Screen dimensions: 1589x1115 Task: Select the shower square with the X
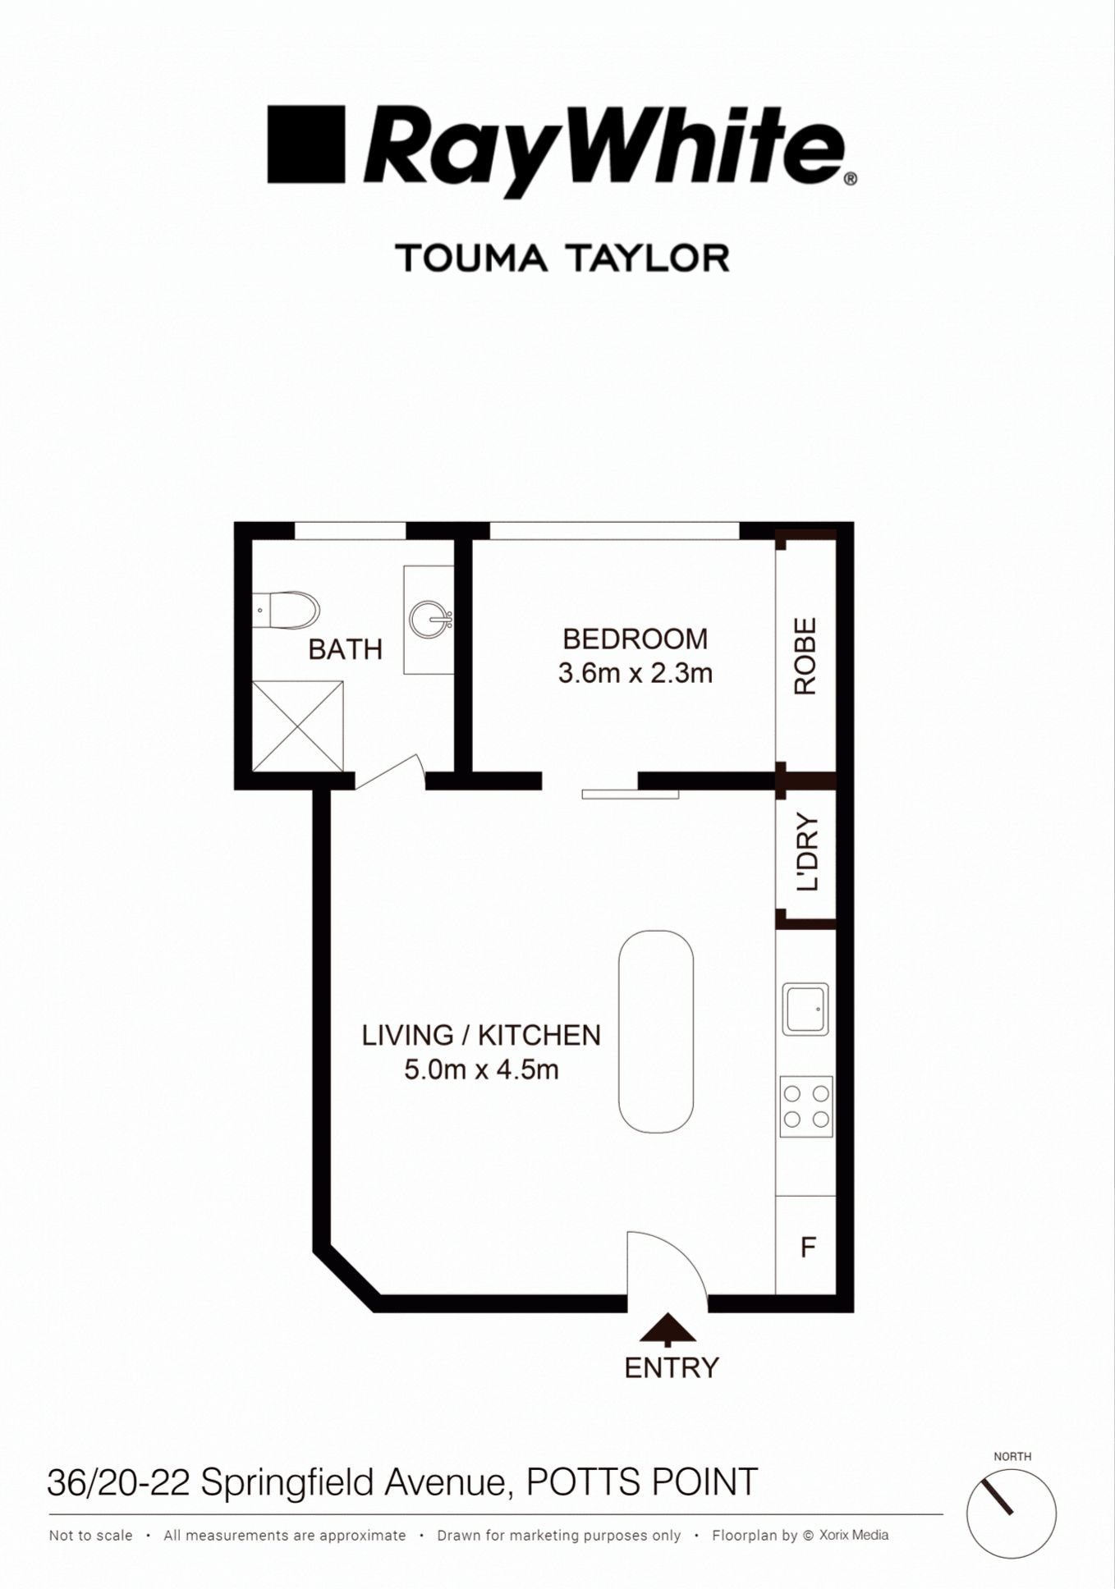(297, 726)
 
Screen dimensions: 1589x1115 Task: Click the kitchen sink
(805, 1008)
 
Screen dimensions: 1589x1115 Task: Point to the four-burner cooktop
(805, 1106)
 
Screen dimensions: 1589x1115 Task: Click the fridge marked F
(807, 1248)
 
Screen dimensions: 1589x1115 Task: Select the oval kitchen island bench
(655, 1031)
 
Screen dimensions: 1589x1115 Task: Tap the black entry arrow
(667, 1328)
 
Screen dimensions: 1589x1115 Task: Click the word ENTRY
(672, 1367)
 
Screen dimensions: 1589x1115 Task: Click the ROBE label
(805, 656)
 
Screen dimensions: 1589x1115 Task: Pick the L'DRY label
(807, 851)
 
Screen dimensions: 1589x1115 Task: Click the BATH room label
(345, 649)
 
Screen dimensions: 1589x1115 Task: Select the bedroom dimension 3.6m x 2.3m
(635, 674)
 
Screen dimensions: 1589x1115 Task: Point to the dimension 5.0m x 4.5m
(481, 1069)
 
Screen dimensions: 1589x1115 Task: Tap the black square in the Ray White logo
(305, 144)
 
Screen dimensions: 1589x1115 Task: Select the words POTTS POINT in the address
(641, 1482)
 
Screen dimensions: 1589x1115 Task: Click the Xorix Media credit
(853, 1535)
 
